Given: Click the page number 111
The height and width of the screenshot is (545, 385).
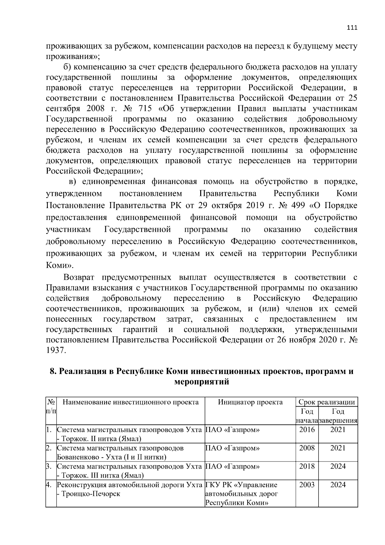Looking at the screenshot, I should point(352,28).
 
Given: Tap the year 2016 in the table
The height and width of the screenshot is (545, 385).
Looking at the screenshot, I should point(307,429).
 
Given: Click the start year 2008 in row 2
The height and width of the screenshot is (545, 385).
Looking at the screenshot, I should point(307,448).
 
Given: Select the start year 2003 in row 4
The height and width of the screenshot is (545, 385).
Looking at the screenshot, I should point(307,485).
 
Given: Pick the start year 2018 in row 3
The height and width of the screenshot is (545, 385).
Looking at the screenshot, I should point(307,466).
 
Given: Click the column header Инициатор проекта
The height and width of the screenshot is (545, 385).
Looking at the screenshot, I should point(250,402).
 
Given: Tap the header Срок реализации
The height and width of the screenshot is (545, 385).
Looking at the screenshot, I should point(326,402).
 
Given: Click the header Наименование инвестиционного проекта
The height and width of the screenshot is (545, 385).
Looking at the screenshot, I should point(131,402).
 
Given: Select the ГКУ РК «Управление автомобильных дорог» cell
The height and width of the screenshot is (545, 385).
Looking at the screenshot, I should point(241,494).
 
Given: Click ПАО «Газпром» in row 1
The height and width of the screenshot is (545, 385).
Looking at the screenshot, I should point(232,430).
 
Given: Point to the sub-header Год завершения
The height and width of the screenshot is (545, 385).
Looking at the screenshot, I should point(338,416).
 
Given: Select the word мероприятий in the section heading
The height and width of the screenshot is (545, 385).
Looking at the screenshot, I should point(201,382).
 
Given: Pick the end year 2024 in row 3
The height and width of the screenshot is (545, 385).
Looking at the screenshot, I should point(338,466).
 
